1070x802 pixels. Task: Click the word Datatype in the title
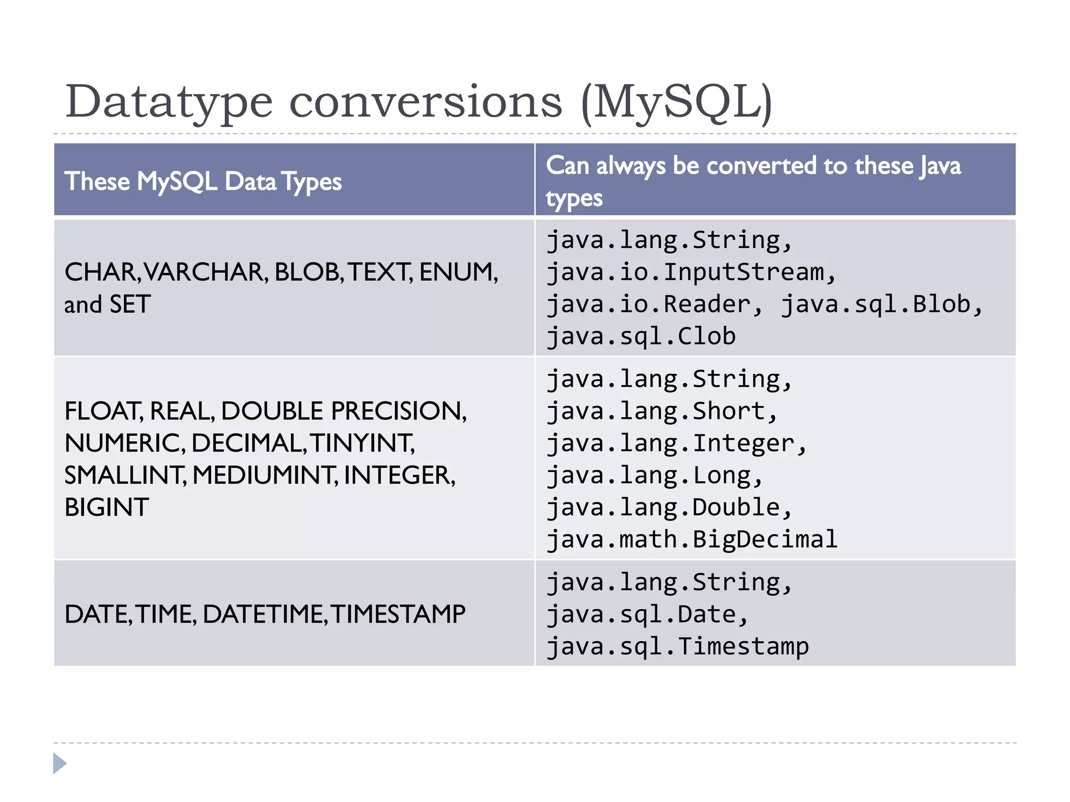tap(169, 102)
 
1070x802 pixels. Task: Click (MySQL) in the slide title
tap(676, 102)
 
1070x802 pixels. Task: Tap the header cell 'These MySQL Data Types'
tap(203, 181)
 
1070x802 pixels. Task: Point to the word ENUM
tap(457, 272)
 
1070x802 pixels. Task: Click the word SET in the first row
tap(130, 304)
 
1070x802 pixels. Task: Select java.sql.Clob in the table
tap(641, 336)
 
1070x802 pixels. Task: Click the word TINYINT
tap(362, 443)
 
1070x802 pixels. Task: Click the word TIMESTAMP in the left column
tap(398, 614)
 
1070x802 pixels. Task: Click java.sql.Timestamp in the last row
tap(678, 646)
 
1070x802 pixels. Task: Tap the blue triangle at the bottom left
tap(59, 763)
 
